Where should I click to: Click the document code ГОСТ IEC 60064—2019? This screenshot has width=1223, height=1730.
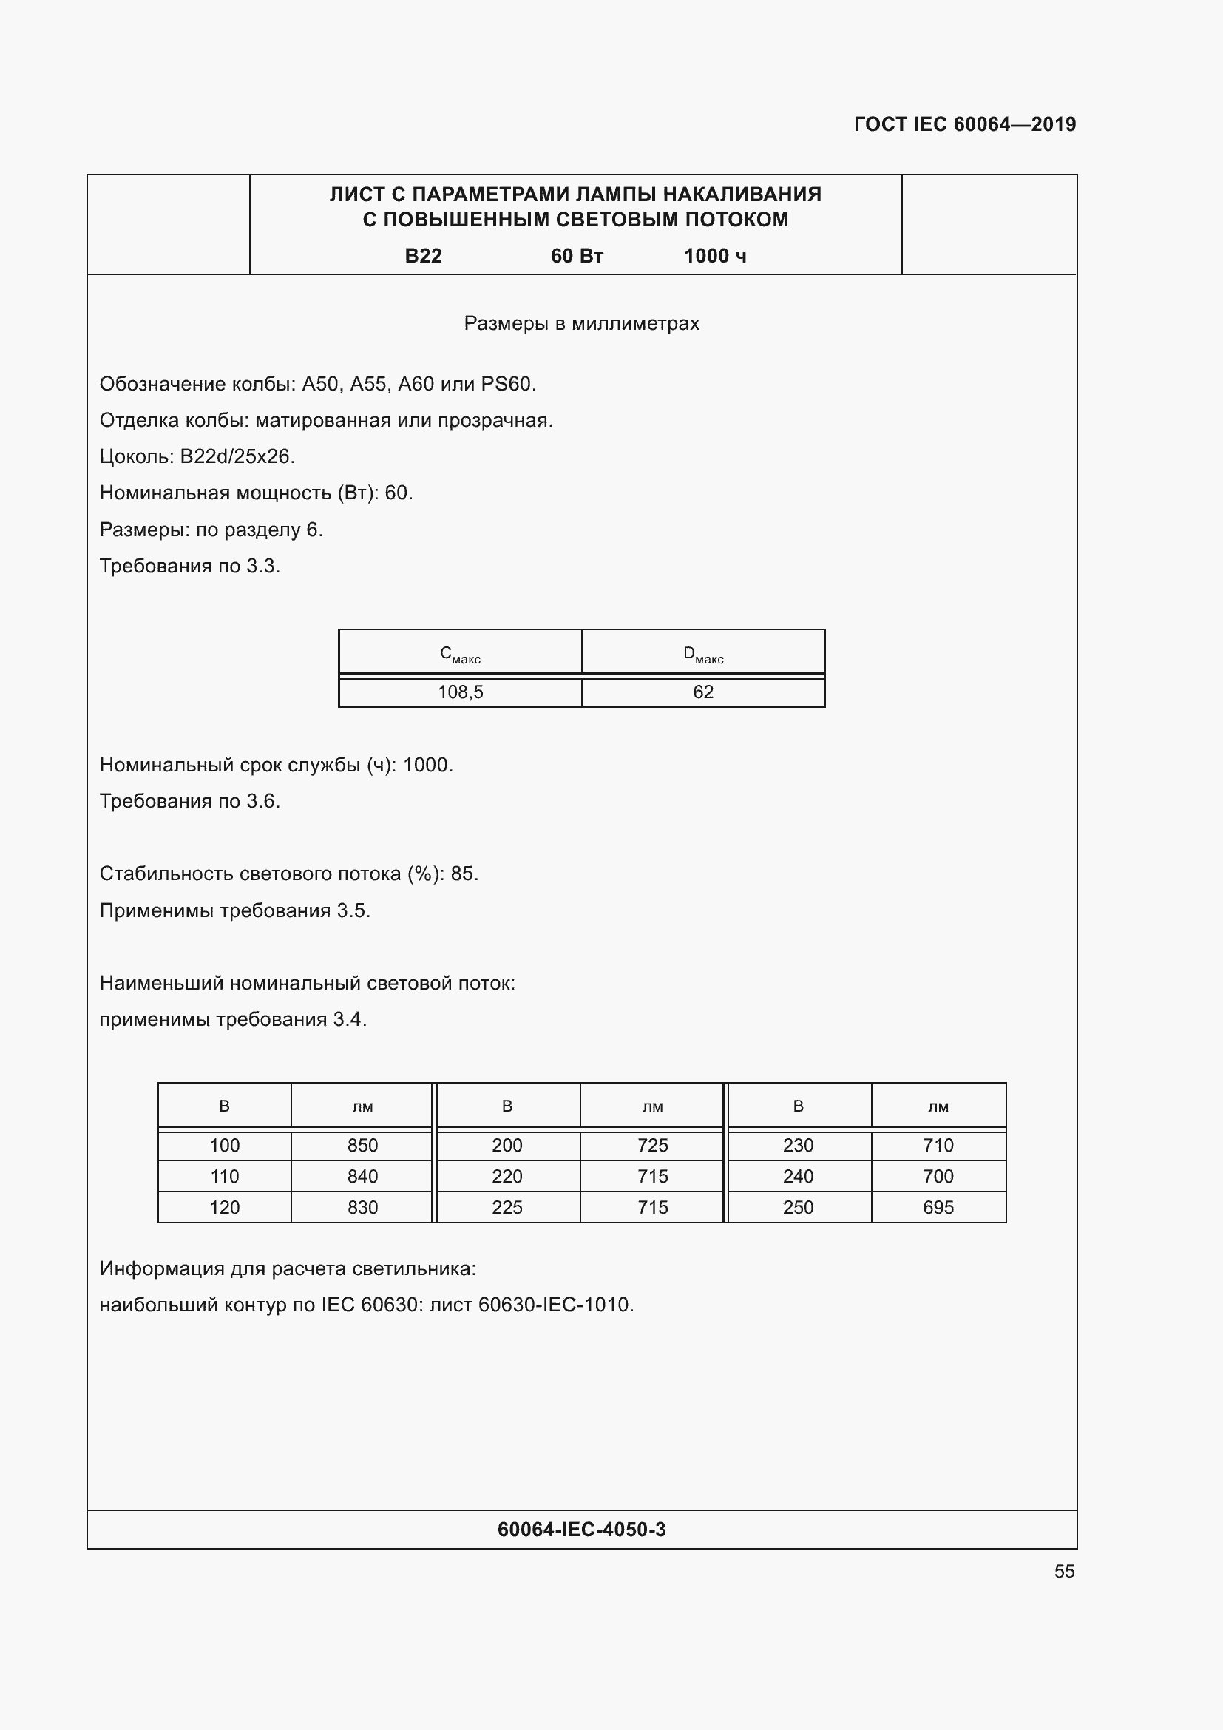pyautogui.click(x=965, y=124)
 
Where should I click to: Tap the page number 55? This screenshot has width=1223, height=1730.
pyautogui.click(x=1064, y=1571)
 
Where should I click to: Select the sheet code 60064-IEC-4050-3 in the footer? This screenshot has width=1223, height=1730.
pyautogui.click(x=581, y=1529)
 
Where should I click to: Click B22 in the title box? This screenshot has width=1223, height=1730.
pyautogui.click(x=423, y=256)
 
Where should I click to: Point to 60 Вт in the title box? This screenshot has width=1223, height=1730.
pyautogui.click(x=577, y=256)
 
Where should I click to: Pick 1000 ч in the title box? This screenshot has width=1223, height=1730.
pyautogui.click(x=715, y=256)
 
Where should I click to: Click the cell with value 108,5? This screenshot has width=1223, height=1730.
pyautogui.click(x=460, y=692)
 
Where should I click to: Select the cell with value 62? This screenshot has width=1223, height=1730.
pyautogui.click(x=702, y=692)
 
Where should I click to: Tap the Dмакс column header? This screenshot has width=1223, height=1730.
pyautogui.click(x=702, y=653)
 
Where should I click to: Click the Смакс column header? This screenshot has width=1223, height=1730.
pyautogui.click(x=460, y=653)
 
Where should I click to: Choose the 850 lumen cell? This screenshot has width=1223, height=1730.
pyautogui.click(x=362, y=1145)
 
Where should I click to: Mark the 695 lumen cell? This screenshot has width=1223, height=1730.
pyautogui.click(x=938, y=1207)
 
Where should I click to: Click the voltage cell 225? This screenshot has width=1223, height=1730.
pyautogui.click(x=507, y=1207)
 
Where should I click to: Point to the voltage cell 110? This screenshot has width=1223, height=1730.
pyautogui.click(x=225, y=1176)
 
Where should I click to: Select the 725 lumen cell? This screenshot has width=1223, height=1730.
pyautogui.click(x=652, y=1145)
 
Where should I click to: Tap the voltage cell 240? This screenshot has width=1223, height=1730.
pyautogui.click(x=799, y=1176)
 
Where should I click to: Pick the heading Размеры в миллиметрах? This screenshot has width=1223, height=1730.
pyautogui.click(x=581, y=323)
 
